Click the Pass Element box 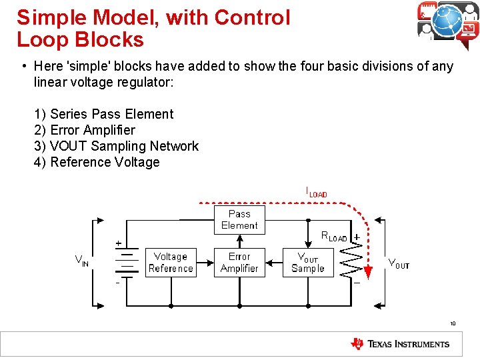point(239,219)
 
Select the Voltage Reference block point(171,262)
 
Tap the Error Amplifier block point(239,262)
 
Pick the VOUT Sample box point(308,262)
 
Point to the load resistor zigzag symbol point(351,261)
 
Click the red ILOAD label point(316,192)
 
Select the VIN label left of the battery point(81,261)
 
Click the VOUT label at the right point(399,263)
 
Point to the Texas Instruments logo point(400,344)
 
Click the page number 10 point(452,324)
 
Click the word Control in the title point(247,18)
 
